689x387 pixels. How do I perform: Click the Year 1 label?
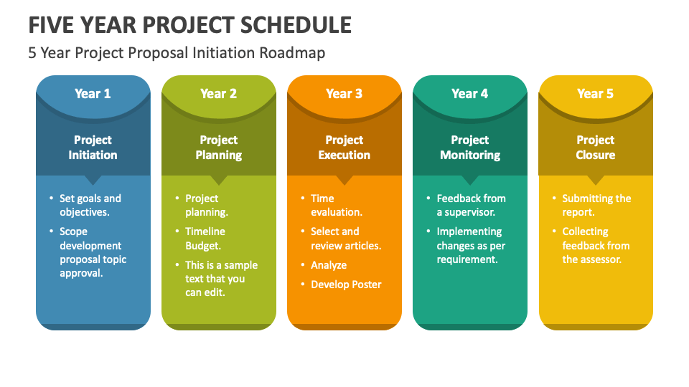point(93,94)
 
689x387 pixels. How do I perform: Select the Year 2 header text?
point(218,94)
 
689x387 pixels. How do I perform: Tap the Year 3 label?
point(344,94)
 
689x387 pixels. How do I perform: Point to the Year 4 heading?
point(469,94)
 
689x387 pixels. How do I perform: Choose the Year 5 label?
point(595,94)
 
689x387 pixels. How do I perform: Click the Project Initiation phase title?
point(93,148)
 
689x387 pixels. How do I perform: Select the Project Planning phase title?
point(218,148)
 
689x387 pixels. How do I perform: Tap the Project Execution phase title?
point(344,148)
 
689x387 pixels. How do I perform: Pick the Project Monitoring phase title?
point(469,148)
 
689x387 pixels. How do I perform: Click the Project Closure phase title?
point(595,148)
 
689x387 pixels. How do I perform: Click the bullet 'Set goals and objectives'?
point(90,206)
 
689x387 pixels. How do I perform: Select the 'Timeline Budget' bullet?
point(205,239)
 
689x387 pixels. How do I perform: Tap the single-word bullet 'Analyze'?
point(329,265)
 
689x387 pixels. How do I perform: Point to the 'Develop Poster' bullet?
point(346,285)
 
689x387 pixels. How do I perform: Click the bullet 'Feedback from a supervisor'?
point(471,206)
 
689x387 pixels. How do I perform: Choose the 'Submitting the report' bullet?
point(596,206)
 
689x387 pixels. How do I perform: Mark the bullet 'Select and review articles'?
point(345,239)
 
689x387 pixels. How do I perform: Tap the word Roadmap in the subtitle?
point(296,53)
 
